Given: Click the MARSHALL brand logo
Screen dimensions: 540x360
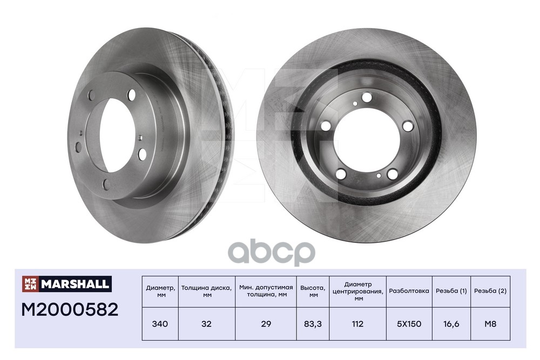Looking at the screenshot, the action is [67, 284].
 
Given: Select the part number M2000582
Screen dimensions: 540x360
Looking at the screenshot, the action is [70, 310].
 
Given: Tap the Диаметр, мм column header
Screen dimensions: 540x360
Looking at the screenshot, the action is [160, 291].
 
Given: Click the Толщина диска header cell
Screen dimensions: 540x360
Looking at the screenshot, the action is [207, 291].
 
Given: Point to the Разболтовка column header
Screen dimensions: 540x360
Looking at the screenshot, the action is [409, 291].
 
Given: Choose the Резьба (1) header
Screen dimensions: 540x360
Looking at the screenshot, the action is [451, 291].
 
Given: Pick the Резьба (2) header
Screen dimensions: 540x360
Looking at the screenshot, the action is [490, 291].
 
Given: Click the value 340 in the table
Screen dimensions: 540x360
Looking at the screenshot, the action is [160, 324].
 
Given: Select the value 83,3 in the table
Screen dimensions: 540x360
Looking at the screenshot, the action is [313, 324].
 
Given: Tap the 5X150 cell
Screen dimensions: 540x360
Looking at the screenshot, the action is [409, 324].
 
